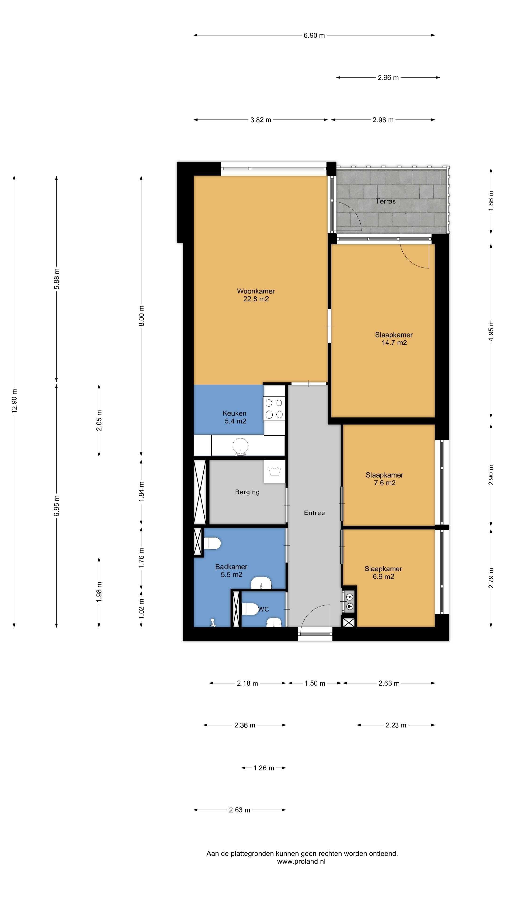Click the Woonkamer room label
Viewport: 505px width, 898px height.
click(x=256, y=291)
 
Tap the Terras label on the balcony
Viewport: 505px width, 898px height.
click(x=386, y=201)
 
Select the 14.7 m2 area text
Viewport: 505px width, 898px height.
click(x=394, y=343)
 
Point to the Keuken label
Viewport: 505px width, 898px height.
click(x=234, y=413)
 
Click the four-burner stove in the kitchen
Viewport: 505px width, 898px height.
click(x=274, y=409)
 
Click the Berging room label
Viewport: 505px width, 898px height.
click(x=247, y=492)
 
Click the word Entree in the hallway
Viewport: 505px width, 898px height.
click(x=314, y=513)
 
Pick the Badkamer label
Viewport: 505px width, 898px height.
click(x=231, y=567)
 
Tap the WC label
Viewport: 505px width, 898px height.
click(x=263, y=609)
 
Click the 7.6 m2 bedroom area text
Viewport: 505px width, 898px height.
click(x=385, y=483)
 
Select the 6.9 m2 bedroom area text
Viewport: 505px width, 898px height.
click(x=383, y=577)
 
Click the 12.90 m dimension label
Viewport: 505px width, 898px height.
click(x=14, y=401)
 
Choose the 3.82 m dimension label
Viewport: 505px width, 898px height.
click(x=261, y=120)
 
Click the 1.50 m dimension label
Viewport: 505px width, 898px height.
click(x=315, y=683)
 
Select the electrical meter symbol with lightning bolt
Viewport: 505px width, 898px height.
click(x=349, y=597)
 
